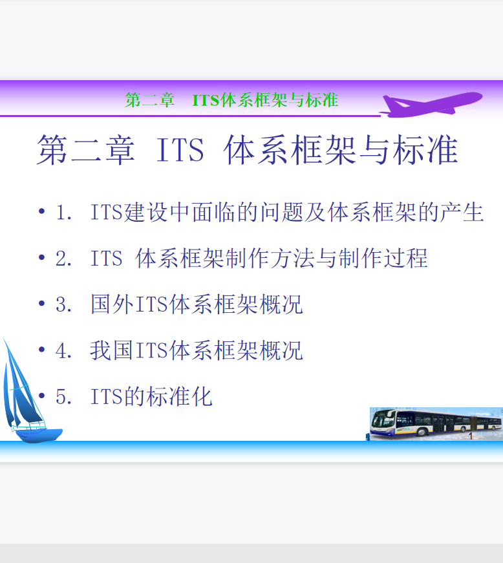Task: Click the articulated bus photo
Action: click(436, 423)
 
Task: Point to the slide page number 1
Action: click(471, 436)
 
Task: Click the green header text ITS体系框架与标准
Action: click(265, 100)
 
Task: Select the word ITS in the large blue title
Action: click(180, 150)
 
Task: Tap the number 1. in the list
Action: click(64, 213)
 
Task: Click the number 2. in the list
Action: click(64, 259)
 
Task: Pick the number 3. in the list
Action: click(64, 304)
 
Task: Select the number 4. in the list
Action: click(64, 350)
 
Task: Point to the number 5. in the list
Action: click(64, 396)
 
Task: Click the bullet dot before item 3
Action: click(41, 303)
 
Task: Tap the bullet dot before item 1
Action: click(41, 211)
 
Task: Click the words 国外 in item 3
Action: click(112, 304)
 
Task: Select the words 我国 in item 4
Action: click(112, 350)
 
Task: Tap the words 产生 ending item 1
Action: click(462, 212)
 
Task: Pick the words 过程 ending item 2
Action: click(406, 258)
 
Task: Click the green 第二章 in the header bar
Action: click(150, 100)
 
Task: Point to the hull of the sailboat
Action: click(39, 435)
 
